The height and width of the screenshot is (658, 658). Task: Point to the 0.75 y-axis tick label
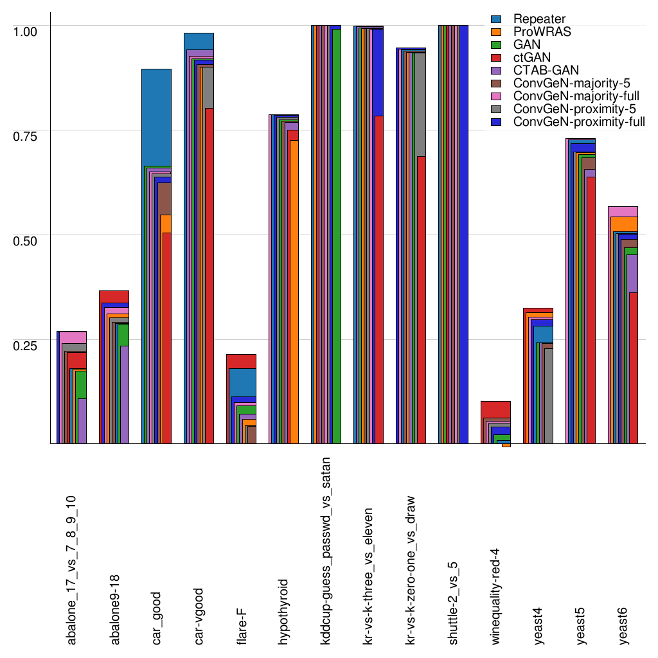point(26,136)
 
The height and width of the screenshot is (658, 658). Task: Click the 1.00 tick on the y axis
point(26,31)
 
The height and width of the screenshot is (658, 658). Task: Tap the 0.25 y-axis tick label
point(26,345)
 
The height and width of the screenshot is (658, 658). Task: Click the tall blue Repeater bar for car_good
point(156,116)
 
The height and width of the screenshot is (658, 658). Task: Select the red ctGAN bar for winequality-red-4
point(496,409)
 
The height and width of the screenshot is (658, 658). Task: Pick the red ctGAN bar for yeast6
point(633,366)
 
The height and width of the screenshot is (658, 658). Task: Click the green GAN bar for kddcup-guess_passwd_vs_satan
point(336,238)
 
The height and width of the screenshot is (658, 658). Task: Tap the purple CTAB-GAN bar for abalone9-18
point(125,394)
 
